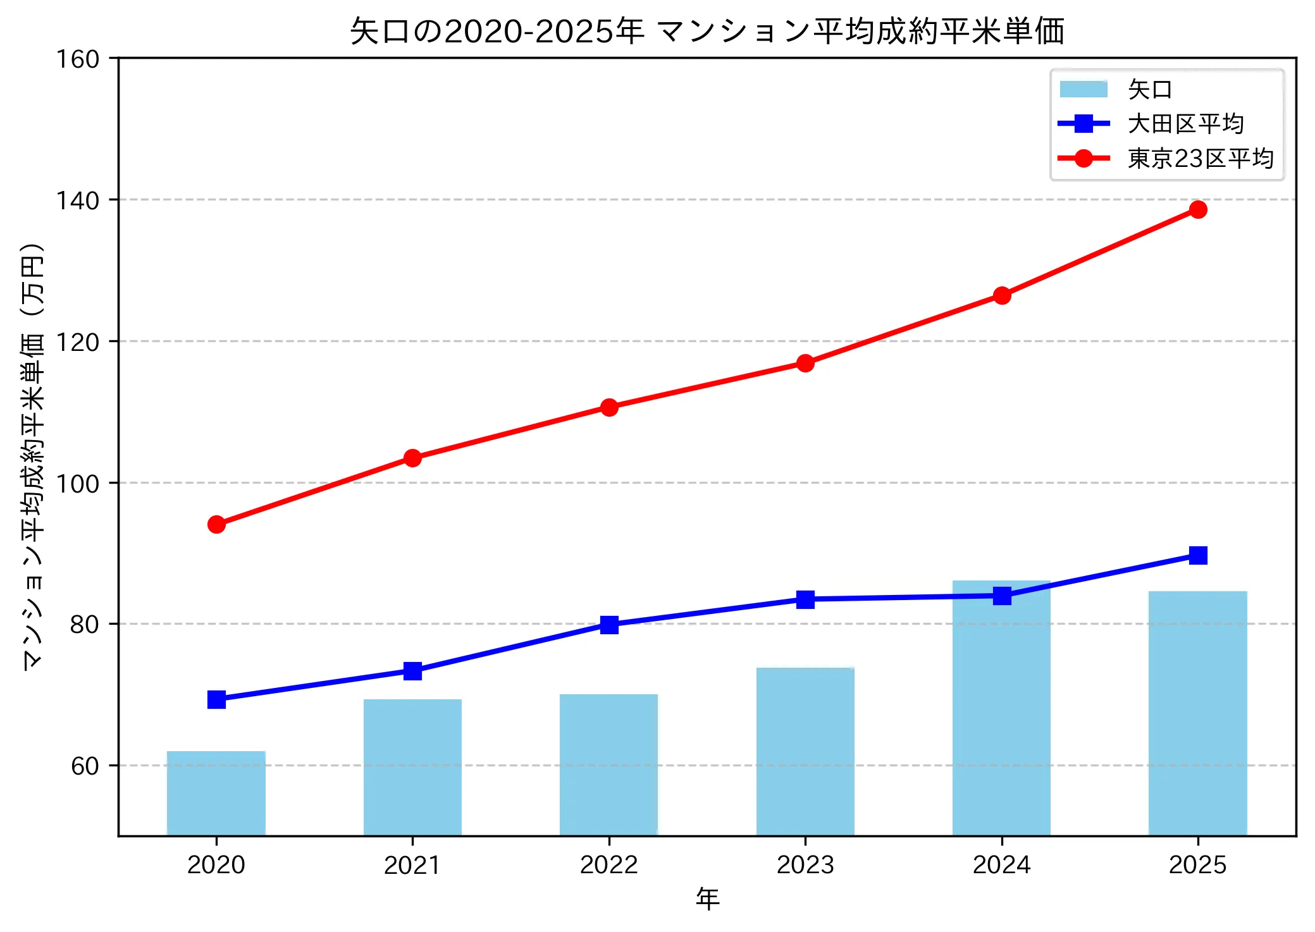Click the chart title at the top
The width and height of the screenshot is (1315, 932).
point(707,31)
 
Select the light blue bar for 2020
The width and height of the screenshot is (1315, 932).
point(216,793)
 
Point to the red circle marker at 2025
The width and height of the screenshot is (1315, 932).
point(1197,209)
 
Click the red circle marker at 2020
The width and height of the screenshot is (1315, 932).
point(216,524)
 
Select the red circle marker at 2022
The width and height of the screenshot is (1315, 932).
point(609,407)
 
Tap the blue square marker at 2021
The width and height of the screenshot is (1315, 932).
point(412,671)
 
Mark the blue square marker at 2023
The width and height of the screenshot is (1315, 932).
point(805,599)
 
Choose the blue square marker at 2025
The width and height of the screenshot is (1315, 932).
point(1197,555)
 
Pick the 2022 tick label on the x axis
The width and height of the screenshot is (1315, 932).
point(608,864)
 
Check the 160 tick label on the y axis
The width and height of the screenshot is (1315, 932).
point(77,59)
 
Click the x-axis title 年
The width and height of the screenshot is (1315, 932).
point(707,898)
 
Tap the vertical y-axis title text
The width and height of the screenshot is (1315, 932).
point(33,455)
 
